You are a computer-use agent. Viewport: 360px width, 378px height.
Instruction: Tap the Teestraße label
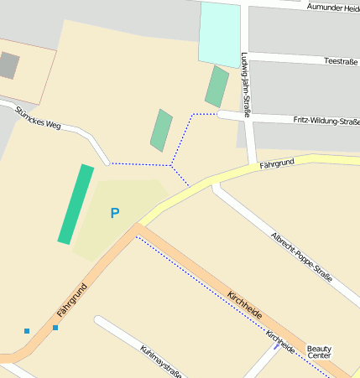340,61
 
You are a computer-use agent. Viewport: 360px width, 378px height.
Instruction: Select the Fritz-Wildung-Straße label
326,122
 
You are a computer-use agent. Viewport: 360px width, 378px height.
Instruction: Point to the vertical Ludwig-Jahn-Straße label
246,80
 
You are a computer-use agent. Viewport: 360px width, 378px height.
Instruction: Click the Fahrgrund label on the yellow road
278,163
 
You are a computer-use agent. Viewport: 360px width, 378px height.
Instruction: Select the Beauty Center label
319,352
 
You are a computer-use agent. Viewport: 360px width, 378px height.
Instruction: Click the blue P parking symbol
115,213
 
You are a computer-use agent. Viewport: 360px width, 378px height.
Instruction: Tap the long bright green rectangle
76,205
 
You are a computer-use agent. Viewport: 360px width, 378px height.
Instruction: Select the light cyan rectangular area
219,33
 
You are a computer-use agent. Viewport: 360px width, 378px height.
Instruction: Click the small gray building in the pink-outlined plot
9,65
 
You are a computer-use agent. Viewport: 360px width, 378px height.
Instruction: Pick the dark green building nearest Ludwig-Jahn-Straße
217,86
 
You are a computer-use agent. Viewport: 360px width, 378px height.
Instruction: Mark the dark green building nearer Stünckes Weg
161,130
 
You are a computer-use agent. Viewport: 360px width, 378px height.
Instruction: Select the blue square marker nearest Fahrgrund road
55,327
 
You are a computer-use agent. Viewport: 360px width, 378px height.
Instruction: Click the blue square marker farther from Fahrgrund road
27,331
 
